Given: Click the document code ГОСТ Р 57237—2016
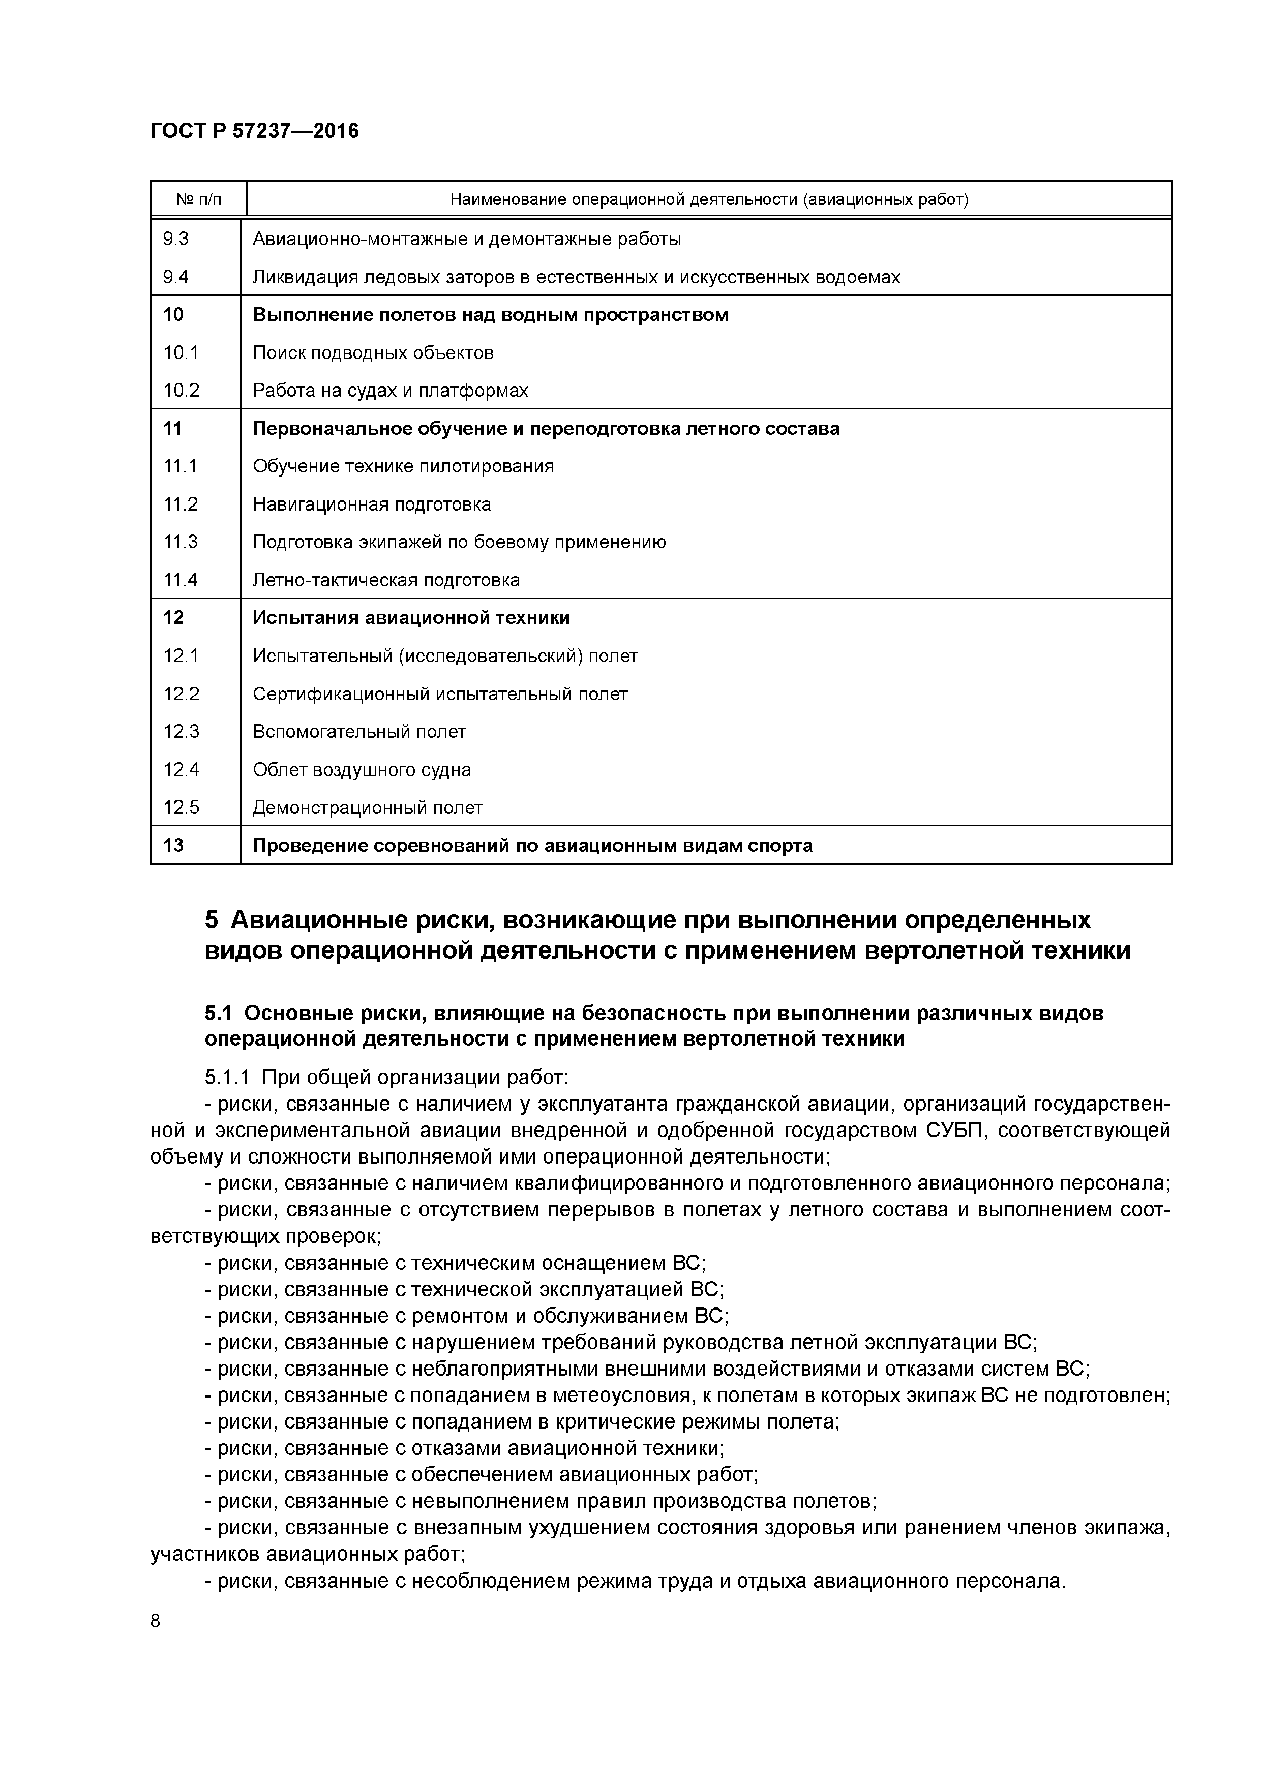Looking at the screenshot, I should tap(254, 131).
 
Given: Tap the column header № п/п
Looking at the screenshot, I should tap(198, 200).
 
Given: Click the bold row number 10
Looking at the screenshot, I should tap(173, 315).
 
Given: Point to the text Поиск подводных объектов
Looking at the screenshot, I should tap(373, 353).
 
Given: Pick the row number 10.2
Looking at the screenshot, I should tap(181, 390).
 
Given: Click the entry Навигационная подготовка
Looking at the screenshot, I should tap(371, 504).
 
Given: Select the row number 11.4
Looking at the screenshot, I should tap(181, 580).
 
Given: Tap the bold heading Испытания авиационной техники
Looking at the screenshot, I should tap(411, 618).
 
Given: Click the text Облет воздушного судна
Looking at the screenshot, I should tap(362, 769).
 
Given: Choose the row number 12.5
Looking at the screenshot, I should tap(181, 807).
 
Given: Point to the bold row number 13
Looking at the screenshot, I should tap(173, 845).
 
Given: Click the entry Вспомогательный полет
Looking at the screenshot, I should tap(359, 731).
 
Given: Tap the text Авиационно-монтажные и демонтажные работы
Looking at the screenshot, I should tap(467, 240).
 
